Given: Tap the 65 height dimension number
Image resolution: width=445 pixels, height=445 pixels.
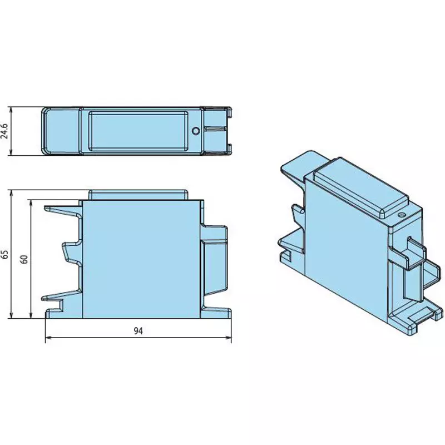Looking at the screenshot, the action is coord(5,254).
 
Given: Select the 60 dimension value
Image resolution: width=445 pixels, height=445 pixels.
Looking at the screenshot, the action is coord(24,259).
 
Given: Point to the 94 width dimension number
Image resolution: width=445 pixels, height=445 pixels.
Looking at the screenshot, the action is coord(138,331).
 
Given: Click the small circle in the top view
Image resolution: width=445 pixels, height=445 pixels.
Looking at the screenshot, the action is coord(196,131).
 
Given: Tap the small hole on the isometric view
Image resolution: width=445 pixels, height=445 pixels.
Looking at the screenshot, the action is coord(401,215).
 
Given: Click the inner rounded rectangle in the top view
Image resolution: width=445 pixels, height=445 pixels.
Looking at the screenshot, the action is coord(138,131).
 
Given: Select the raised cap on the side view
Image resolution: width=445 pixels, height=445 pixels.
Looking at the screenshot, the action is coord(138,195).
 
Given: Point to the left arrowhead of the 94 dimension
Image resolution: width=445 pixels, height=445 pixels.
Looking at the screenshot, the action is coord(48,338).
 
